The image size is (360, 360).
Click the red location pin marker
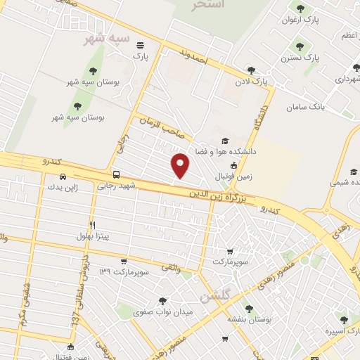(x=181, y=165)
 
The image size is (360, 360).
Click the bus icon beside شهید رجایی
(x=116, y=174)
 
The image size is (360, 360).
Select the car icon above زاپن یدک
(x=63, y=176)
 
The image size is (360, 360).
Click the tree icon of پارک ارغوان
(x=300, y=8)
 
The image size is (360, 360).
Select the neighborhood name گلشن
(x=214, y=297)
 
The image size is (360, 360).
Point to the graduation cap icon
(x=224, y=140)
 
